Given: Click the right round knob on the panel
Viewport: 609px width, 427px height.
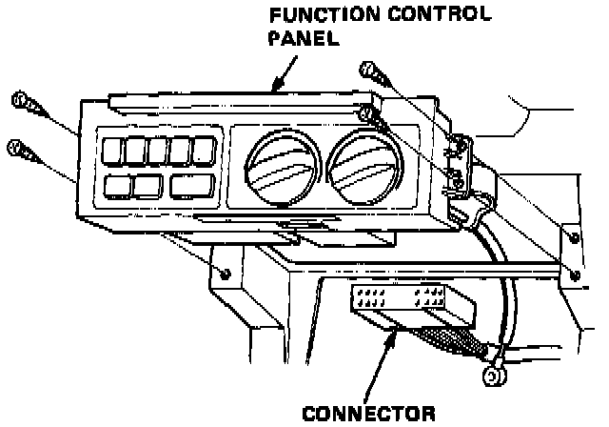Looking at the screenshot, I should (356, 161).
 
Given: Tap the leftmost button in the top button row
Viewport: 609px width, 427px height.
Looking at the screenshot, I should (112, 151).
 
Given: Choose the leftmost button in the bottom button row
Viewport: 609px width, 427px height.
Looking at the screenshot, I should (118, 186).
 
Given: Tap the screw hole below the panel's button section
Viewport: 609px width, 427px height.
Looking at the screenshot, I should (224, 273).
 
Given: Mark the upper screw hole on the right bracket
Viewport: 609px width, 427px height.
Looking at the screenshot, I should (574, 235).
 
